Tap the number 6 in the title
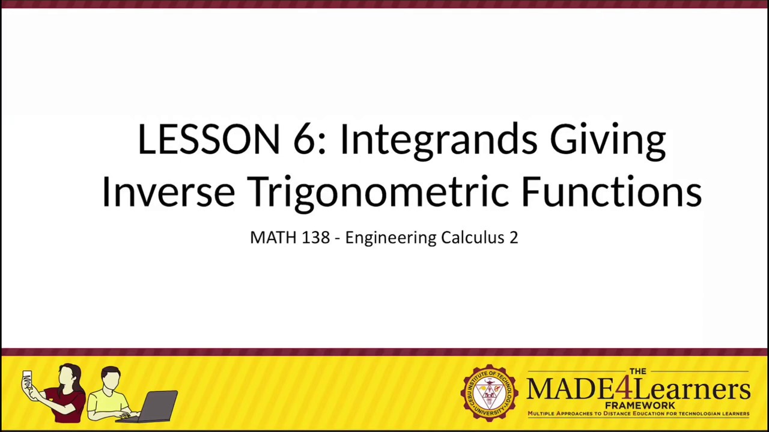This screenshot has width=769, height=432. (x=305, y=139)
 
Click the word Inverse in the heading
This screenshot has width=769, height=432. (x=168, y=192)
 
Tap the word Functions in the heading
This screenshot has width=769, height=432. (x=611, y=192)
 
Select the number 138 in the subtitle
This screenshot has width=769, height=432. (x=315, y=238)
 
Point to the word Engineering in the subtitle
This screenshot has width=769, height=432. (x=391, y=238)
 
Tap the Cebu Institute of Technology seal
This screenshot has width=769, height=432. (x=489, y=393)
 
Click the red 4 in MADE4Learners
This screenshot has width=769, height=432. (x=625, y=388)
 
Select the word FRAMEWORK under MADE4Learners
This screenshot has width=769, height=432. (x=639, y=406)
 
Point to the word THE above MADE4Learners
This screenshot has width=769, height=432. (x=637, y=371)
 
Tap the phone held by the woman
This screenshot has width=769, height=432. (x=27, y=382)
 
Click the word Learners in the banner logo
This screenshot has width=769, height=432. (x=691, y=389)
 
